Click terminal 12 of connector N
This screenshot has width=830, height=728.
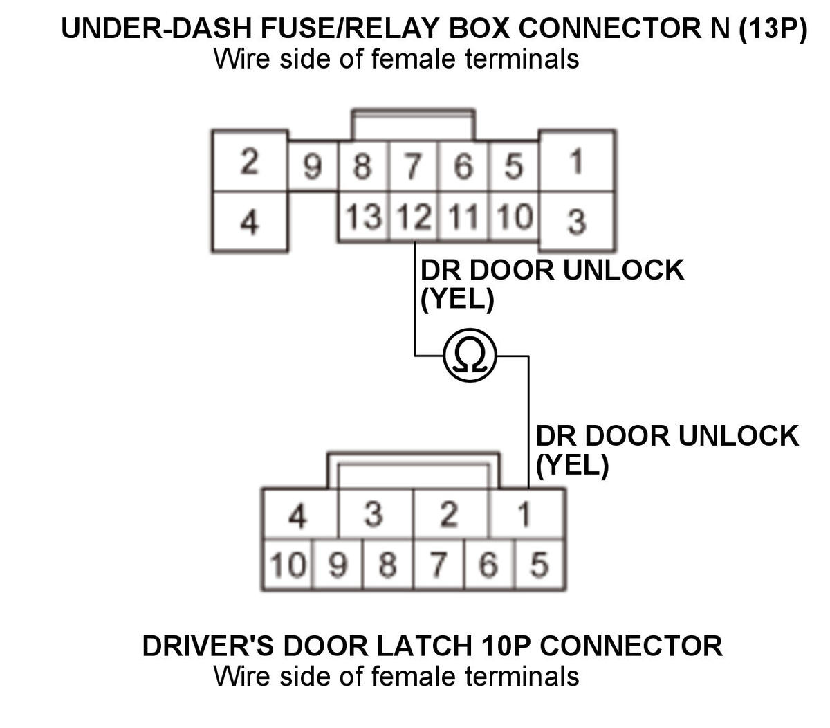414,217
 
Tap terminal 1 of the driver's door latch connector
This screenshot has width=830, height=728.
527,513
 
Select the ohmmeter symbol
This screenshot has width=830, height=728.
470,356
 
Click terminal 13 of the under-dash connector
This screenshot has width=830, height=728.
364,217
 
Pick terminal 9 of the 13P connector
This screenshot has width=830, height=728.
313,166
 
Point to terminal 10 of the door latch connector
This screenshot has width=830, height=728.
288,565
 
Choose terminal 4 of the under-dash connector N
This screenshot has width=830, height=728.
250,221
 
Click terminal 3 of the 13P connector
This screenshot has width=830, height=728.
577,221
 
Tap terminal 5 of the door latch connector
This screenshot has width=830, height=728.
540,565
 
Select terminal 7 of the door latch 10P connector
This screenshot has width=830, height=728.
439,565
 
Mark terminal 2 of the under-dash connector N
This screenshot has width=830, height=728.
250,161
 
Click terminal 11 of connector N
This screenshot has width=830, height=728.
463,217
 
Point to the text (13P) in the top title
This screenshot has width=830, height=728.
773,28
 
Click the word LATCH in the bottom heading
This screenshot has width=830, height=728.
425,646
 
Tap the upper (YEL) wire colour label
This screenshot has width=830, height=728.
457,300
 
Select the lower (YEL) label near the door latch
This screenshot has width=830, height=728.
572,466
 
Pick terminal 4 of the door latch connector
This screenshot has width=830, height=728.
300,513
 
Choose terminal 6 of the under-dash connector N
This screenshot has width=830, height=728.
463,166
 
